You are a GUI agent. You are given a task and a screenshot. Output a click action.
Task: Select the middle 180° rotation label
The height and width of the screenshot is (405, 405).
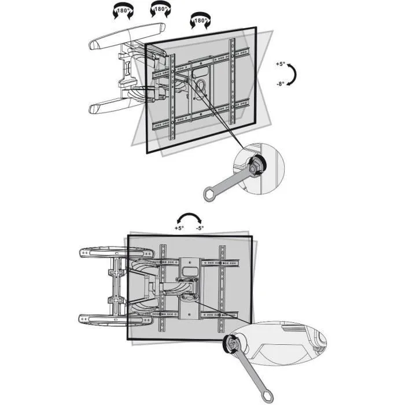(160, 10)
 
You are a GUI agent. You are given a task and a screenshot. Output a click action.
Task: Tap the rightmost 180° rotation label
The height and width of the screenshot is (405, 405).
(200, 21)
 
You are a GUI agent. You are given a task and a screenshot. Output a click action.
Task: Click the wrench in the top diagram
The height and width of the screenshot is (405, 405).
(229, 181)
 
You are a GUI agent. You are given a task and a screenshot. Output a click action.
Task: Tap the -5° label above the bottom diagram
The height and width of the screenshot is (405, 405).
(199, 228)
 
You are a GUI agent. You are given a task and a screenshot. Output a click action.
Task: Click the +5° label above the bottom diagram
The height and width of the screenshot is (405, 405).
(179, 228)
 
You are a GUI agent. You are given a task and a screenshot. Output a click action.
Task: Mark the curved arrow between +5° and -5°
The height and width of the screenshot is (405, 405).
(189, 219)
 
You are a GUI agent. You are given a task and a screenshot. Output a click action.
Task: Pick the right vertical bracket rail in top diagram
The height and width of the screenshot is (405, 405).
(233, 81)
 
